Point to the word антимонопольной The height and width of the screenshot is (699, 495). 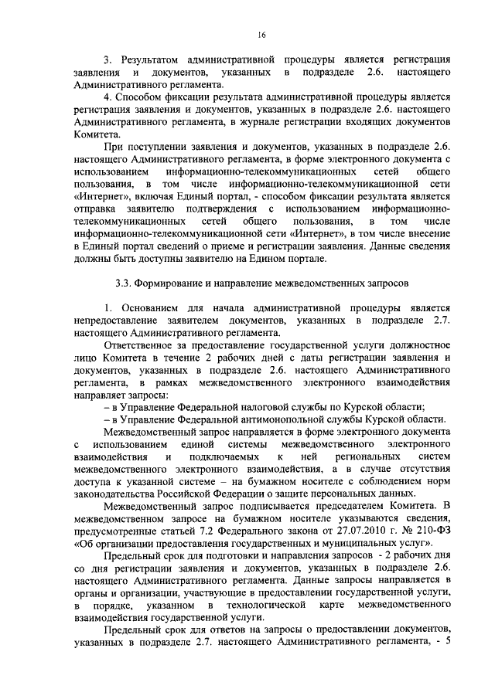pos(286,419)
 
